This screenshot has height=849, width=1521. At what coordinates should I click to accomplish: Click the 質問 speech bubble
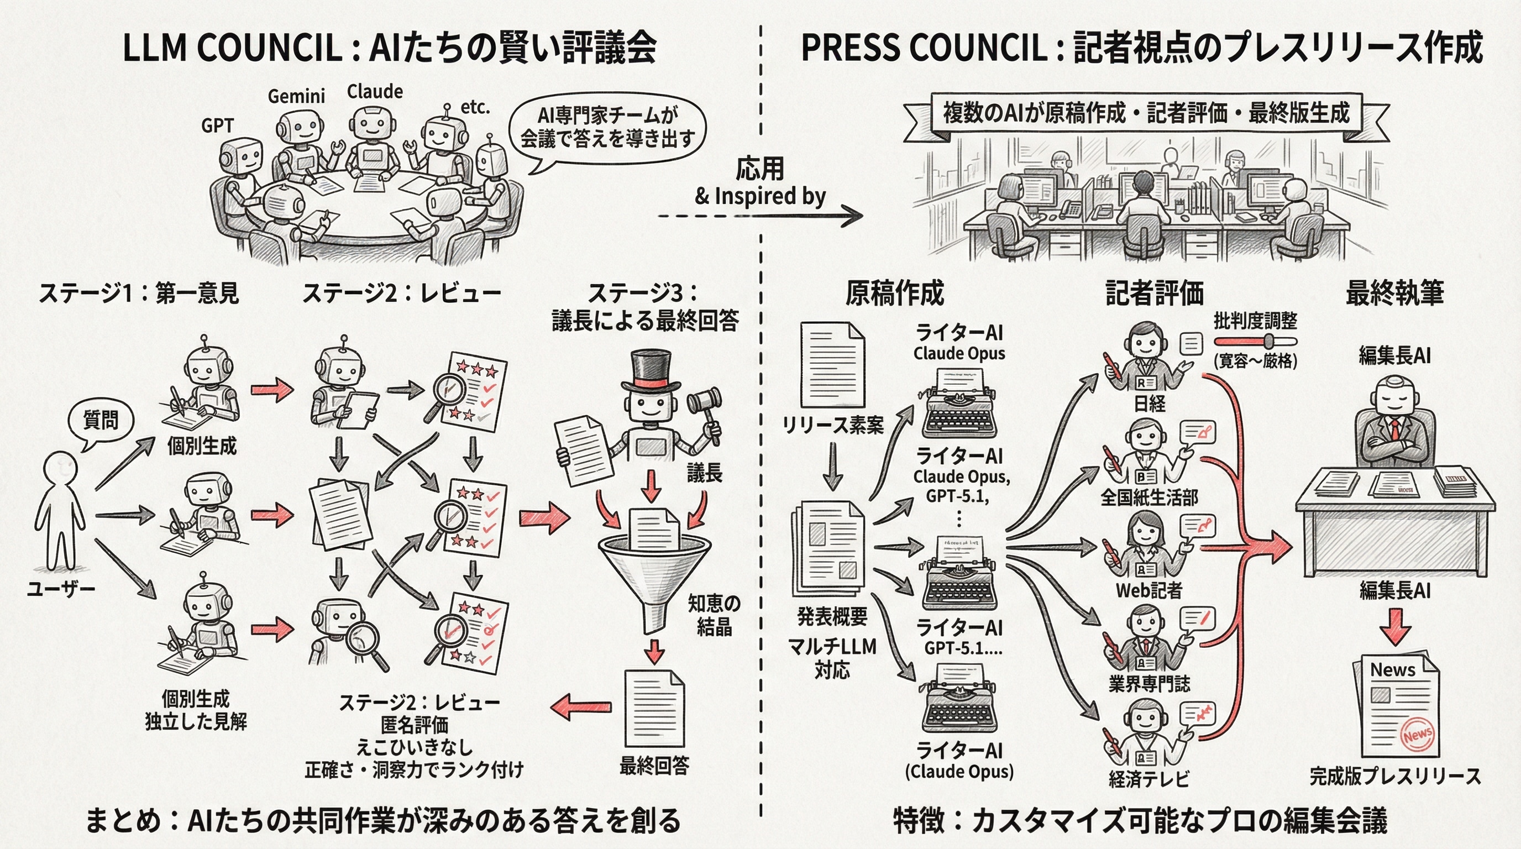point(101,421)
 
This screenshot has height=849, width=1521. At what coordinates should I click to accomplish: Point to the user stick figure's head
point(61,469)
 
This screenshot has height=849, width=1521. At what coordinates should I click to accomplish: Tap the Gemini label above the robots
point(296,96)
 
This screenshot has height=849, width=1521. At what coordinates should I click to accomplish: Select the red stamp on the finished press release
point(1417,735)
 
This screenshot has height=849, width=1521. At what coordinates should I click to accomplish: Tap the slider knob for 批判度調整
point(1270,341)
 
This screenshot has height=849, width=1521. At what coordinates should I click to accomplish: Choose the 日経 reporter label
point(1150,404)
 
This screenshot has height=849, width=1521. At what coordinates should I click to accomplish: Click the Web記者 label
point(1148,590)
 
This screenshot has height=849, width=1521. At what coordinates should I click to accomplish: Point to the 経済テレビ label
point(1148,779)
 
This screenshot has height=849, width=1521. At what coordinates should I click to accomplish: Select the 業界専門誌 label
point(1149,684)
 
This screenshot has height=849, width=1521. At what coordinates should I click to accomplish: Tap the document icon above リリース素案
point(832,364)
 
